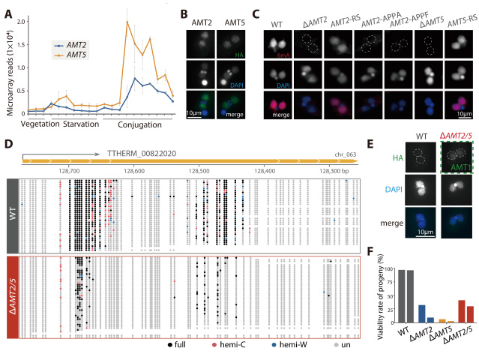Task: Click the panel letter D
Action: click(7, 143)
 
